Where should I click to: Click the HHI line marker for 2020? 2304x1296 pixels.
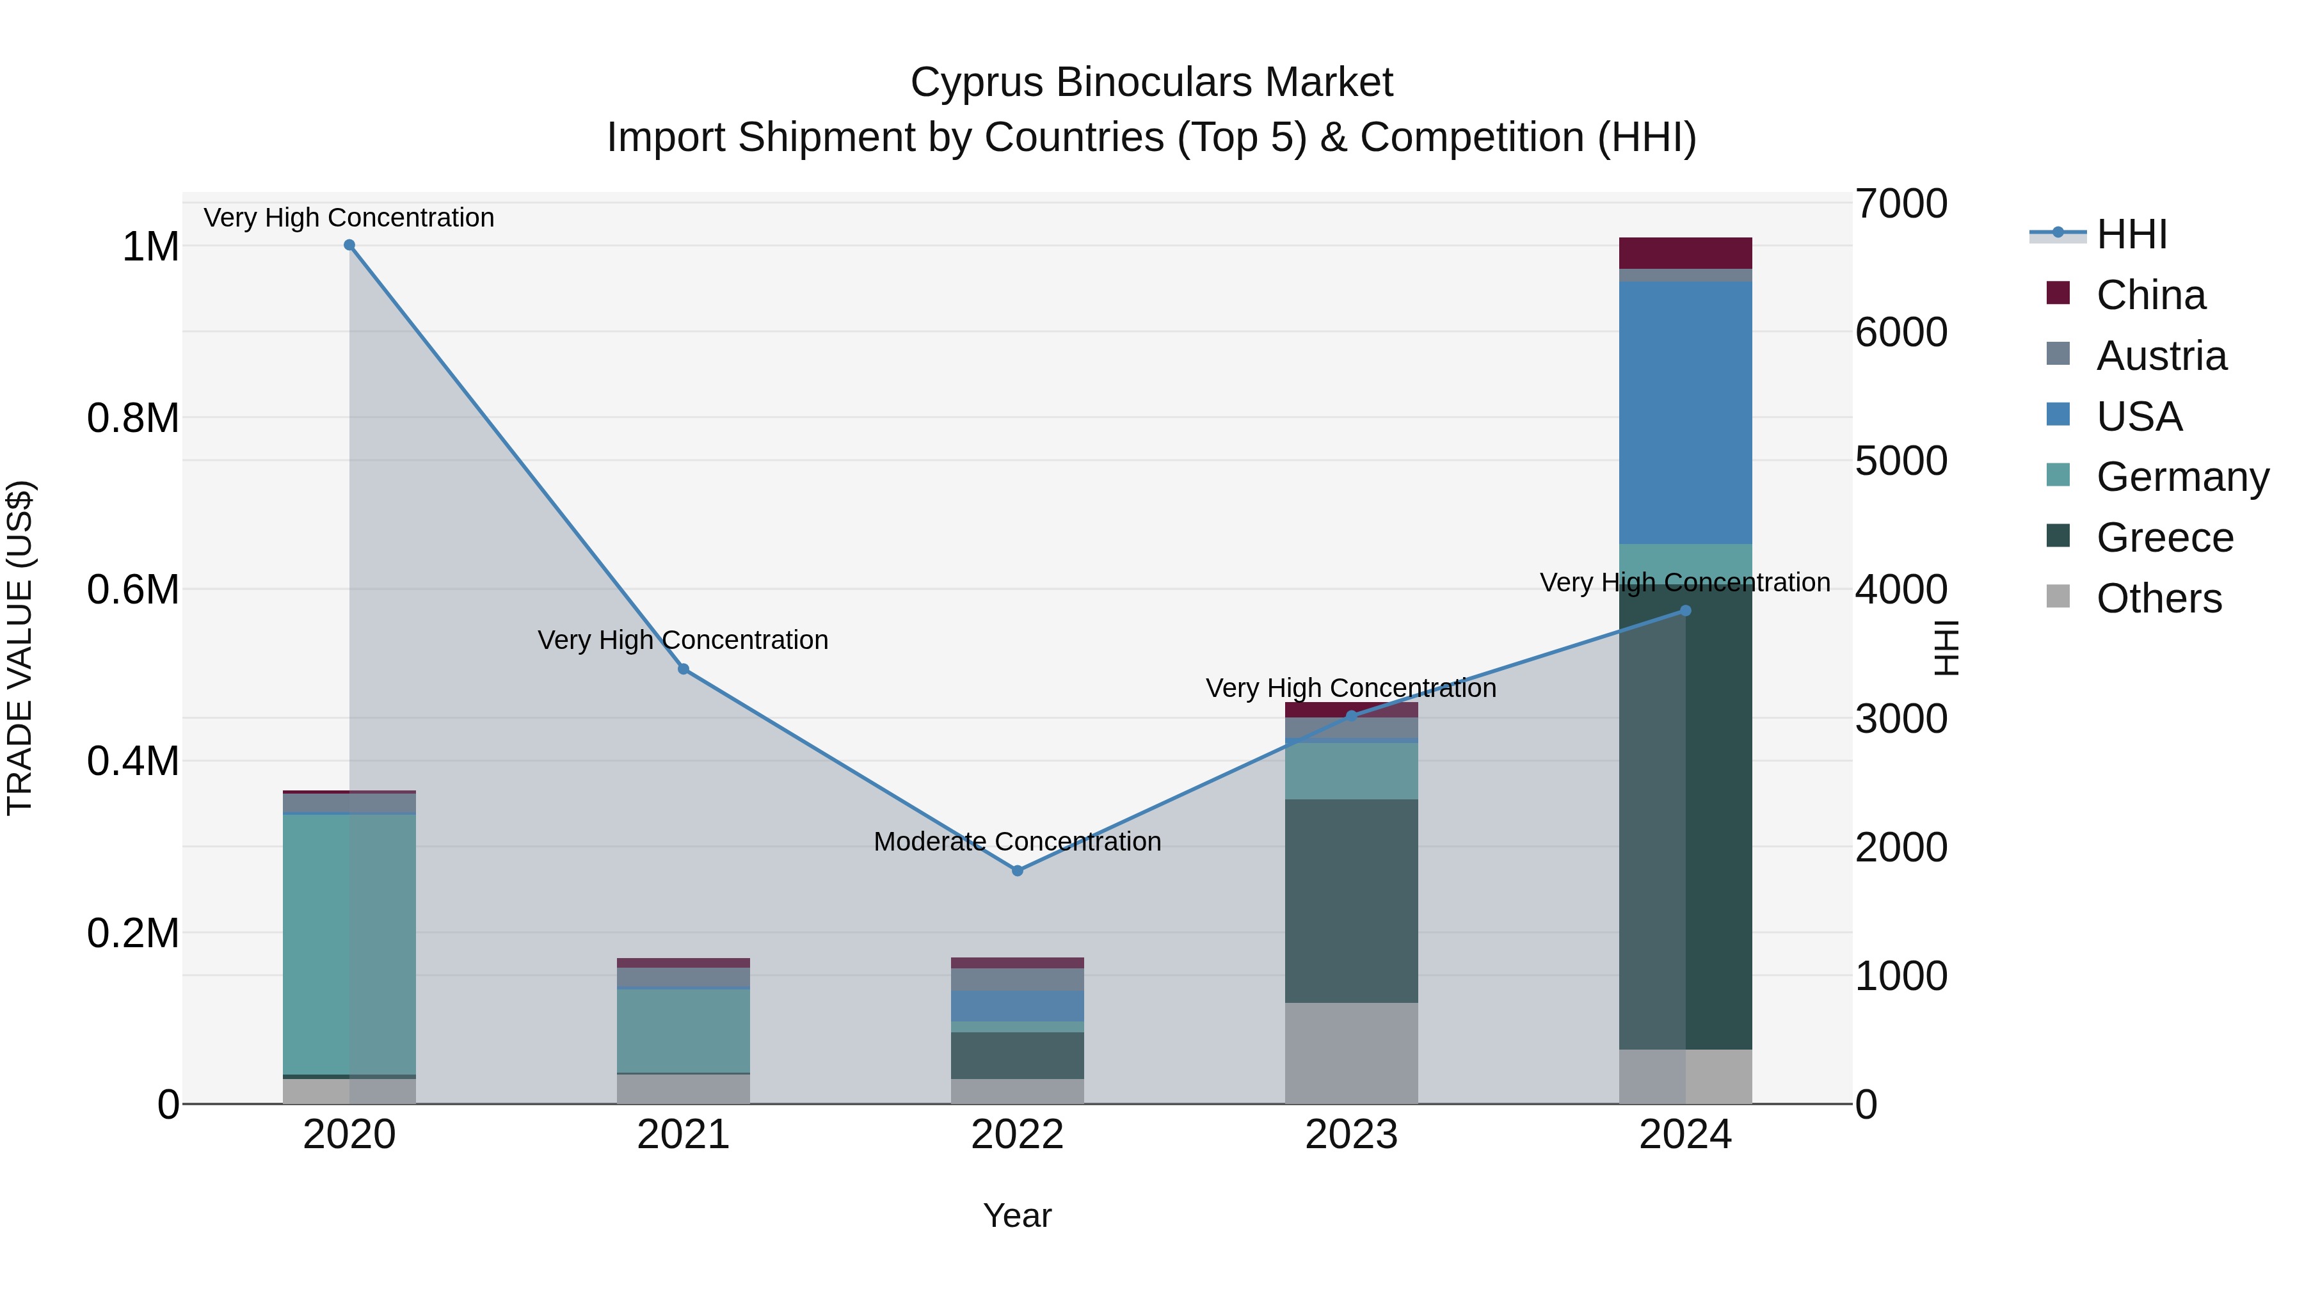click(349, 245)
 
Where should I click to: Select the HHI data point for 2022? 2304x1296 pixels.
click(1017, 870)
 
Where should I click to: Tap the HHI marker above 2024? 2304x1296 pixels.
click(1685, 611)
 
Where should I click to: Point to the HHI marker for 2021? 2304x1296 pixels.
click(684, 669)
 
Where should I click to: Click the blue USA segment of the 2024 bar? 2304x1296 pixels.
click(1685, 412)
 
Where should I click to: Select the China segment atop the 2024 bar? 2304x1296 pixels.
click(1685, 253)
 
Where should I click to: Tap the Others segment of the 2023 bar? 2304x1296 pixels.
click(1352, 1053)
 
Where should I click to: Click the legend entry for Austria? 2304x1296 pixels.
click(2160, 356)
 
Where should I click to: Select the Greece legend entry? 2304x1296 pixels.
click(2164, 538)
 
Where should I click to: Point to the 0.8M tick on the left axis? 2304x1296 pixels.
click(133, 418)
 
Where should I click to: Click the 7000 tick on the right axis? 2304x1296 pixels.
click(1901, 204)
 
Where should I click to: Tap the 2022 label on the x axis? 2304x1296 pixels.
click(1017, 1135)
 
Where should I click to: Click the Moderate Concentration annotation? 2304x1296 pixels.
click(1017, 842)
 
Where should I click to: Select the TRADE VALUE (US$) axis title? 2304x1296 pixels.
click(20, 648)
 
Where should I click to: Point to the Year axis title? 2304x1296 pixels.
click(1017, 1215)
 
